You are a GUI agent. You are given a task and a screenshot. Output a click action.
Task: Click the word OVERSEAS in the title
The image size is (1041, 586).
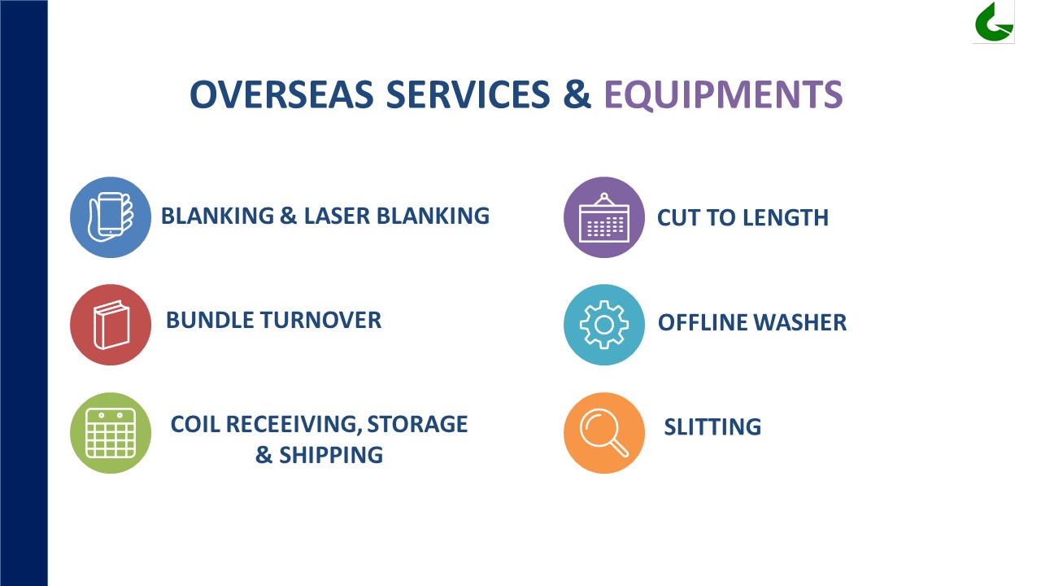pos(281,94)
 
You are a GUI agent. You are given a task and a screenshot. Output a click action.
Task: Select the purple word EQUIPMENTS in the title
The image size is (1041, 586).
pos(723,95)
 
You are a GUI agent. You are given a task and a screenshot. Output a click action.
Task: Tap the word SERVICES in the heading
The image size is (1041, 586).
pos(468,94)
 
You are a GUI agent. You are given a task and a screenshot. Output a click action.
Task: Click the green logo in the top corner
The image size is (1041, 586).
pos(994,22)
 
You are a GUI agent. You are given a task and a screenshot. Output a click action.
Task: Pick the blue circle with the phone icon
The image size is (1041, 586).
pos(111,217)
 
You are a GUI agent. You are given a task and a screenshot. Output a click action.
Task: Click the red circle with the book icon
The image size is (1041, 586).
pos(111,325)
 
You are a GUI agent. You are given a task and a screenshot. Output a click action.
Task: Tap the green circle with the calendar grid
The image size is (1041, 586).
pos(111,433)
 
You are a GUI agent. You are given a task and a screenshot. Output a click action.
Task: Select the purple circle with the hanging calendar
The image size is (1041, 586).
pos(604,217)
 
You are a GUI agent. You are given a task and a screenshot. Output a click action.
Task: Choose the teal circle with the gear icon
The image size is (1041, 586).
pos(604,325)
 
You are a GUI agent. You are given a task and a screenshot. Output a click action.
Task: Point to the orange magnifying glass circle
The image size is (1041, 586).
pos(604,433)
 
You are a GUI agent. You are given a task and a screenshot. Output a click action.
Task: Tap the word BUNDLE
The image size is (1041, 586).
pos(210,320)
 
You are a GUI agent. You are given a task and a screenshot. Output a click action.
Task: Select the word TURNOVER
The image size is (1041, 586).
pos(320,320)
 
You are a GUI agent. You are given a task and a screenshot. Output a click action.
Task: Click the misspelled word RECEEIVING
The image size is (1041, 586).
pos(294,424)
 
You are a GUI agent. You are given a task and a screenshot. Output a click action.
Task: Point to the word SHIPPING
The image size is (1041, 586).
pos(331,455)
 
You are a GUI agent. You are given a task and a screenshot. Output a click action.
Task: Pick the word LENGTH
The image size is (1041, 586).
pos(786,217)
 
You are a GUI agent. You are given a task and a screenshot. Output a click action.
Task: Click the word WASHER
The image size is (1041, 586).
pos(799,322)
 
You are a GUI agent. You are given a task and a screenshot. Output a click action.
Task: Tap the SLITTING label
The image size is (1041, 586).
pos(712,427)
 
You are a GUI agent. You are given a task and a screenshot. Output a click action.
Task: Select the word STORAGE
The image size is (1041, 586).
pos(417,424)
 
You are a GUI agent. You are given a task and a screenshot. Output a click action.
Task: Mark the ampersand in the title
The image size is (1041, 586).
pos(577,94)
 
